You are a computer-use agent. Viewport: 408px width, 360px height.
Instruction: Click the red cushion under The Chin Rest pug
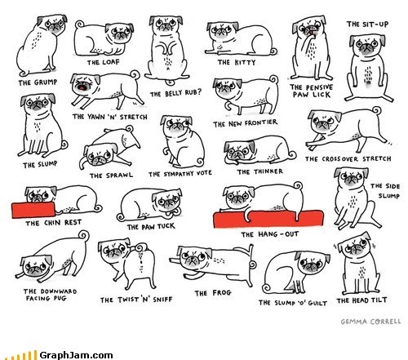(x=33, y=210)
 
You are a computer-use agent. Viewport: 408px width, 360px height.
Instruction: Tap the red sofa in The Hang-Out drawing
(x=268, y=219)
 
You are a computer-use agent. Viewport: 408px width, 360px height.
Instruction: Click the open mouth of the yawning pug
(x=82, y=87)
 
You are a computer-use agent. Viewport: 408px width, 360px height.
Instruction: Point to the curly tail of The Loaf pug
(x=80, y=25)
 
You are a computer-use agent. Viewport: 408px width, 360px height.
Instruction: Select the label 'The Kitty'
(x=237, y=63)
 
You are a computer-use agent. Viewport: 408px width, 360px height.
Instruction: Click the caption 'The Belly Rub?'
(x=176, y=93)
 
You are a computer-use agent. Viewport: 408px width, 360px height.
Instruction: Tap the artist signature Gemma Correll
(x=370, y=322)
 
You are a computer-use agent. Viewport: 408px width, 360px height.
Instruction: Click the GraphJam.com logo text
(x=76, y=355)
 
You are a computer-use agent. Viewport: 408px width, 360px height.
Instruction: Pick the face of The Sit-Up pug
(x=367, y=45)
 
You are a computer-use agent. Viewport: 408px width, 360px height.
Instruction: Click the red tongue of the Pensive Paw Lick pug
(x=310, y=33)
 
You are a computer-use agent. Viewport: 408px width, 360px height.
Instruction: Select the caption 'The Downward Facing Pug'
(x=50, y=295)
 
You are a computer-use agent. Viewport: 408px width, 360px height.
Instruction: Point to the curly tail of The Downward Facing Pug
(x=84, y=236)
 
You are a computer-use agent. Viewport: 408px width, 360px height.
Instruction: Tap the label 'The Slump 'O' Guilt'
(x=293, y=303)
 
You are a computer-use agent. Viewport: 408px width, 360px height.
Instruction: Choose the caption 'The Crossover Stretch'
(x=348, y=158)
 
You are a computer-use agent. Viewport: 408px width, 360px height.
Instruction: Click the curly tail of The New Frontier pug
(x=274, y=79)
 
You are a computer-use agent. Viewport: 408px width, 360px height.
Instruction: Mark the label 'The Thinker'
(x=260, y=171)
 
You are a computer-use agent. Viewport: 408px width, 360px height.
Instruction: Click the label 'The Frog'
(x=213, y=293)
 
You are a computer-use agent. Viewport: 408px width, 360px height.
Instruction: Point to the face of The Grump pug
(x=54, y=24)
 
